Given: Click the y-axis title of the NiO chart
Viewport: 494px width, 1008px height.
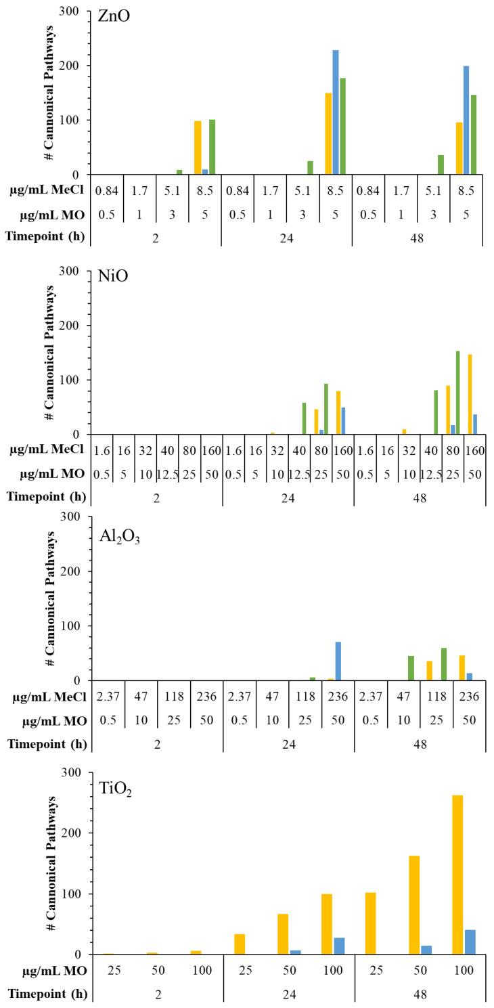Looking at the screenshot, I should (49, 352).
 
